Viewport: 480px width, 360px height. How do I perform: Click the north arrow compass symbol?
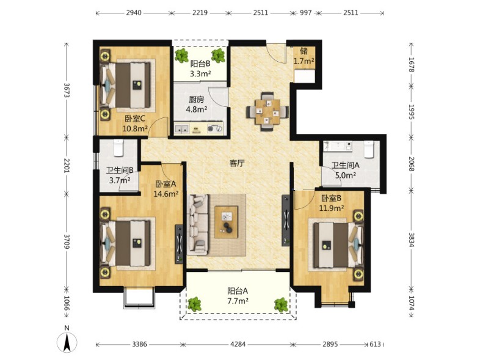(x=67, y=340)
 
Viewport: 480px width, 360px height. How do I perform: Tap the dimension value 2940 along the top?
(x=134, y=13)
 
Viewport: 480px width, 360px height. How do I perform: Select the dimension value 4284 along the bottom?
(x=238, y=344)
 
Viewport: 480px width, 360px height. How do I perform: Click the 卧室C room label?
(x=135, y=118)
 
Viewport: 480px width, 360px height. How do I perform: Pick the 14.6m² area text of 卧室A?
(x=165, y=194)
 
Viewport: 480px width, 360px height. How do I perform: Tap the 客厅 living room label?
(x=237, y=163)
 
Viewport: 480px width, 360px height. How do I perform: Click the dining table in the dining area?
(x=268, y=111)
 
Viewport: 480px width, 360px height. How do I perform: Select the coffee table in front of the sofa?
(x=226, y=222)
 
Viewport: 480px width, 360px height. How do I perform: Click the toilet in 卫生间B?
(x=118, y=147)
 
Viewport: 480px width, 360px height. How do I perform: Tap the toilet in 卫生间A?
(x=369, y=149)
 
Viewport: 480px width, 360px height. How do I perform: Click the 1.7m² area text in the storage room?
(x=304, y=61)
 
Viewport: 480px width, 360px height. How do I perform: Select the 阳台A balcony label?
(x=238, y=290)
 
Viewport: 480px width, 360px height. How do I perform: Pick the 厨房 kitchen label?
(x=197, y=100)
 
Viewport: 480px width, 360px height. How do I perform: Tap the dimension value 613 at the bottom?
(x=375, y=344)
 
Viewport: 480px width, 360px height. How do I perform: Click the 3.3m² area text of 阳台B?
(x=200, y=73)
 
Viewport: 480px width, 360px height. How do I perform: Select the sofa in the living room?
(x=198, y=224)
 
